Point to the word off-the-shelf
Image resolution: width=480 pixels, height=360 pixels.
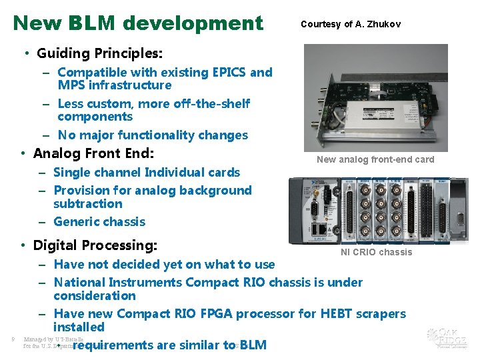coord(213,103)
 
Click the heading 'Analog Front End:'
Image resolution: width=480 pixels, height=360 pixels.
coord(93,153)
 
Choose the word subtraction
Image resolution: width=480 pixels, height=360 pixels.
coord(88,204)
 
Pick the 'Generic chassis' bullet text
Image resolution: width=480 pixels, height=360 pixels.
coord(99,222)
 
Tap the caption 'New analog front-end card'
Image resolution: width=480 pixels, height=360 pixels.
coord(375,159)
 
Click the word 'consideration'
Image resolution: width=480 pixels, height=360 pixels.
coord(95,296)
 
